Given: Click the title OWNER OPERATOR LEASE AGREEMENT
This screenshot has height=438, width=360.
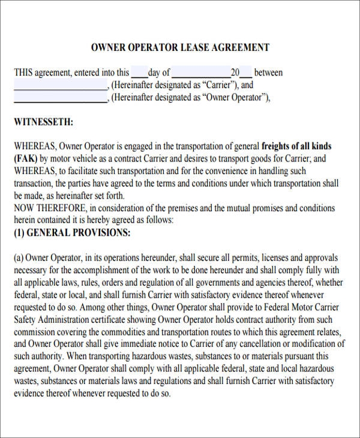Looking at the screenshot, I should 180,47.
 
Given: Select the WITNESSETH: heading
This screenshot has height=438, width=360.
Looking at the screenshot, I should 43,122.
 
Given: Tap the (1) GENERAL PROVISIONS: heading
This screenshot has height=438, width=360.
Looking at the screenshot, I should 71,233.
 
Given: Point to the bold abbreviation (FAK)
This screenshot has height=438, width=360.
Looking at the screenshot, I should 26,159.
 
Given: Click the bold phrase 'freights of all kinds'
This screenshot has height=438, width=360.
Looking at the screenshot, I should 296,146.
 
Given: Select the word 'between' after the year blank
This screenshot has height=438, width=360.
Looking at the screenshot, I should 268,73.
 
